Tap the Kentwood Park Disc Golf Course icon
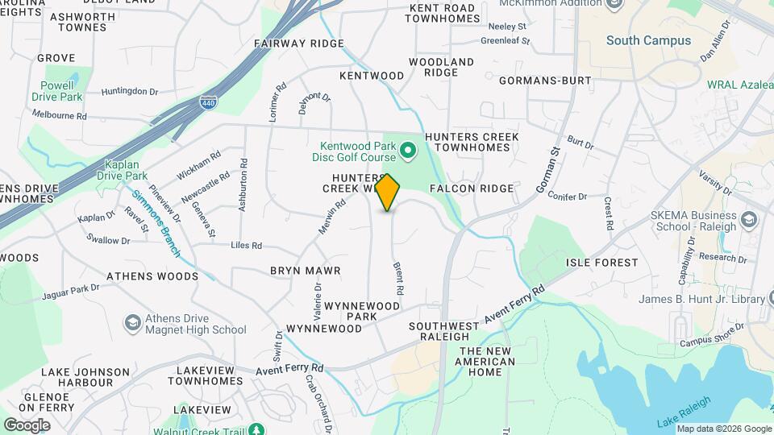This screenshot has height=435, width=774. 408,149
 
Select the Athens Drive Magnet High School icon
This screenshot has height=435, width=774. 131,323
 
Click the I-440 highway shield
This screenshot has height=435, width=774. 207,102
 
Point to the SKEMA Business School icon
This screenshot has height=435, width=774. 749,220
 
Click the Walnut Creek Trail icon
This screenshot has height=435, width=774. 256,430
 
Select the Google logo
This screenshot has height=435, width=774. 27,425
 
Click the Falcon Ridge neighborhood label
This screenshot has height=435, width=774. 472,188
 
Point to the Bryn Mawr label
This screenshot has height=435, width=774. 305,271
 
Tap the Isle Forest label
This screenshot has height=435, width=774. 601,263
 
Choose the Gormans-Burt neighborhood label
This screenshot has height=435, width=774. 545,81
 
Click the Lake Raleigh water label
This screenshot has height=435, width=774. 684,412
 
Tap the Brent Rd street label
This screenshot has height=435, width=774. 397,276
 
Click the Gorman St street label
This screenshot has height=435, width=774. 549,169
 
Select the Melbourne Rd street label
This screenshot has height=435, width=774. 59,116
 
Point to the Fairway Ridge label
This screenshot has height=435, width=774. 298,43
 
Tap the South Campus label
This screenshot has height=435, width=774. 648,40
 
